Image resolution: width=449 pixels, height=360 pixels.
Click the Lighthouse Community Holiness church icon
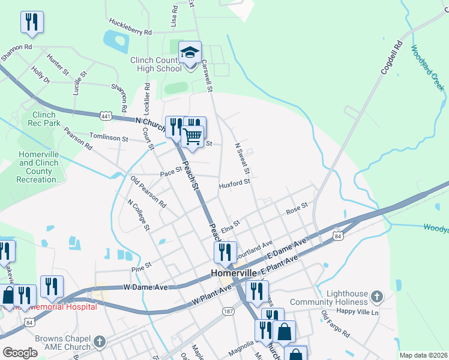tap(376, 296)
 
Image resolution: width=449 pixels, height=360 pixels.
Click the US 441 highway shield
tap(106, 115)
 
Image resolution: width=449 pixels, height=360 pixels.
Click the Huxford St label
tap(234, 182)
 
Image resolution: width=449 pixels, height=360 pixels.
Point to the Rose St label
tap(297, 209)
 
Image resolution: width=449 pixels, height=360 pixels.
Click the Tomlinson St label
tap(109, 138)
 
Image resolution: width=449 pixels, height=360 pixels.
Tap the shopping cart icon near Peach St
tap(193, 137)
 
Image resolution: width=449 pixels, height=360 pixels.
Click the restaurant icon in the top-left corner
tap(32, 22)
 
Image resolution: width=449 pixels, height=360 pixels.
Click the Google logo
tap(20, 352)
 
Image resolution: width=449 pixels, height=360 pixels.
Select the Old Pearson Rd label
tap(148, 191)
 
